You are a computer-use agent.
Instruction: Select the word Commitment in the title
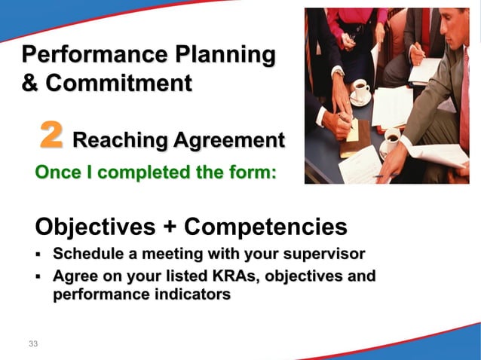pos(118,82)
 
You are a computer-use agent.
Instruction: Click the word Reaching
pos(119,140)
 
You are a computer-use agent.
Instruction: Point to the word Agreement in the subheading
pos(229,140)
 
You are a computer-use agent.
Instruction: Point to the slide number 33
pos(32,344)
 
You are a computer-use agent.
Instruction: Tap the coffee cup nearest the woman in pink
pos(360,89)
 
